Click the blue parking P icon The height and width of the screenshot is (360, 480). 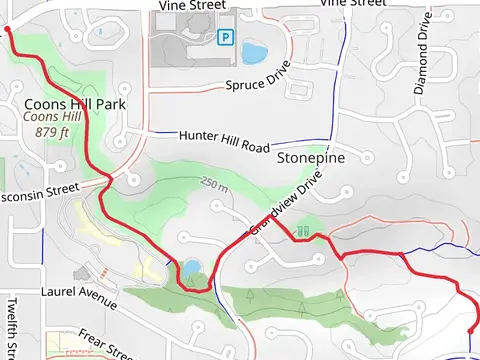coord(226,37)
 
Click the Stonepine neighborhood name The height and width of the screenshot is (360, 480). coord(311,158)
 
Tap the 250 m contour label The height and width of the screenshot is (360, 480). coord(214,185)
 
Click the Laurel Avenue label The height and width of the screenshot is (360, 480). coord(80,293)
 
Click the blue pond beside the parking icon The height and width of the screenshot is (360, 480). coord(254,51)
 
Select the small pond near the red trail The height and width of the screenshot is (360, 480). coord(190,269)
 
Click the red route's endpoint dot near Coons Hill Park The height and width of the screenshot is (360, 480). coord(8,31)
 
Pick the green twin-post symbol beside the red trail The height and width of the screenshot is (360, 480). coord(302,231)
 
